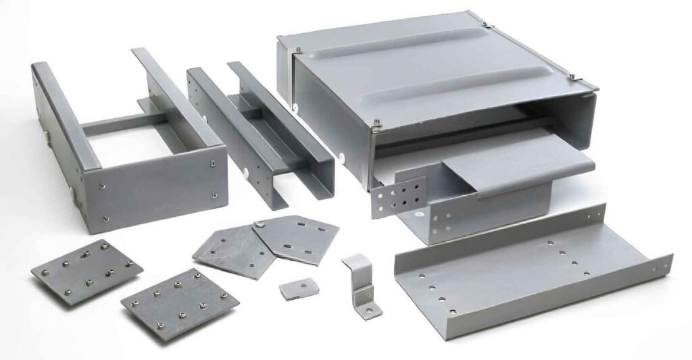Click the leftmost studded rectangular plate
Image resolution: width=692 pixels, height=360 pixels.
[86, 270]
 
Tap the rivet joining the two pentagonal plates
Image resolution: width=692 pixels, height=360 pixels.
[259, 224]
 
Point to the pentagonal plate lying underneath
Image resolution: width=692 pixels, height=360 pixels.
[226, 250]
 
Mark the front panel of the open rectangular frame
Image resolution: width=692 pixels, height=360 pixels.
[155, 192]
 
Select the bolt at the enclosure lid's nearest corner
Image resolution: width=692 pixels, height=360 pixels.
[377, 124]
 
